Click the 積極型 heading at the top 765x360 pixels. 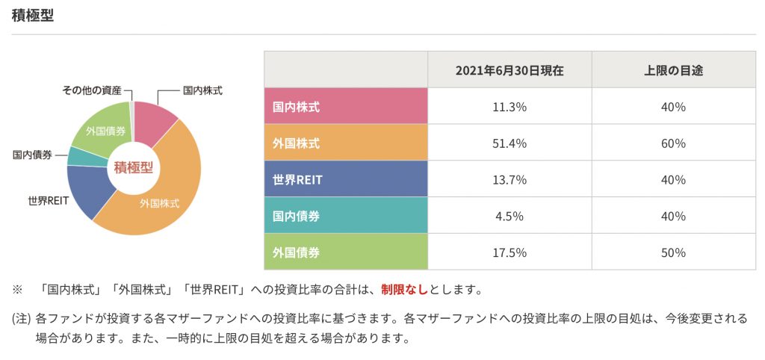click(33, 16)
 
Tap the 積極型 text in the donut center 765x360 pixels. click(134, 167)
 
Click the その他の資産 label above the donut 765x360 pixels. click(92, 90)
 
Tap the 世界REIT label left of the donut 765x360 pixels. click(49, 201)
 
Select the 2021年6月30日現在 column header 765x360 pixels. click(510, 70)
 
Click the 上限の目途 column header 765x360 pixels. click(673, 70)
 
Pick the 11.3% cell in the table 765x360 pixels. click(510, 107)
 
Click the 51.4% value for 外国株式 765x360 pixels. click(510, 143)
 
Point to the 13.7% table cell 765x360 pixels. click(510, 179)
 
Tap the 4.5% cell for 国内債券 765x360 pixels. click(510, 216)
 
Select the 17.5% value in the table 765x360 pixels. click(510, 252)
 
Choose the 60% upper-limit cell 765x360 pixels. click(673, 143)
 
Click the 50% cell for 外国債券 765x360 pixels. click(673, 252)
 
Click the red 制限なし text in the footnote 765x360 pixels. click(404, 288)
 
